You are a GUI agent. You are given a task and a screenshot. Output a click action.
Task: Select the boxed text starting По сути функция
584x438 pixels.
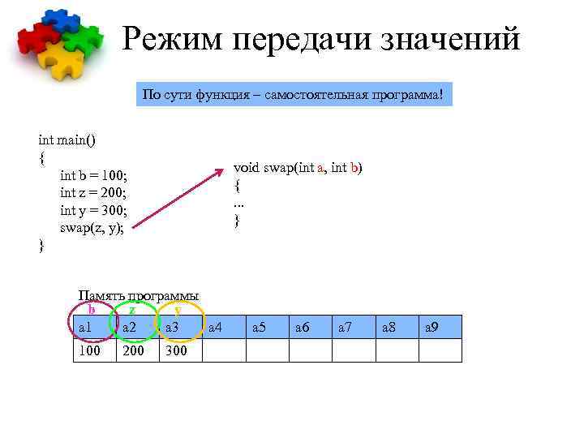pyautogui.click(x=293, y=95)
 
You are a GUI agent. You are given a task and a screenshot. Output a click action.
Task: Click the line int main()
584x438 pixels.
pyautogui.click(x=67, y=140)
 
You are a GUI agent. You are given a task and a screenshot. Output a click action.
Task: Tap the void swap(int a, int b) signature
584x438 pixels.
pyautogui.click(x=298, y=167)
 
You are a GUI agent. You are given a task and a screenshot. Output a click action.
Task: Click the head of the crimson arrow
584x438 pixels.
pyautogui.click(x=224, y=171)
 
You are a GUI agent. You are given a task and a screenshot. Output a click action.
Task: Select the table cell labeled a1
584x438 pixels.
pyautogui.click(x=95, y=327)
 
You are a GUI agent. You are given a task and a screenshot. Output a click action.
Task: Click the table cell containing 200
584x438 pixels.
pyautogui.click(x=138, y=350)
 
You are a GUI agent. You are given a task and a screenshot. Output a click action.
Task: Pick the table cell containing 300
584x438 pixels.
pyautogui.click(x=181, y=350)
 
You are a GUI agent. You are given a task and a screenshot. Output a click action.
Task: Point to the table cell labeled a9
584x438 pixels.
pyautogui.click(x=440, y=327)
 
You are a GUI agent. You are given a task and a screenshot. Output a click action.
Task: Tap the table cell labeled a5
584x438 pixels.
pyautogui.click(x=268, y=327)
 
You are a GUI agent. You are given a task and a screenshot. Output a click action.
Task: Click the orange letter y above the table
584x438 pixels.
pyautogui.click(x=178, y=309)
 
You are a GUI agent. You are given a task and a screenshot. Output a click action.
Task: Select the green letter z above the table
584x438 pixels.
pyautogui.click(x=132, y=309)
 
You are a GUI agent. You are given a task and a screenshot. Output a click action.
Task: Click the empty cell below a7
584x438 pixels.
pyautogui.click(x=354, y=350)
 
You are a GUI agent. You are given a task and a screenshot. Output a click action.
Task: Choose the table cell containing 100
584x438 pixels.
pyautogui.click(x=95, y=350)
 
